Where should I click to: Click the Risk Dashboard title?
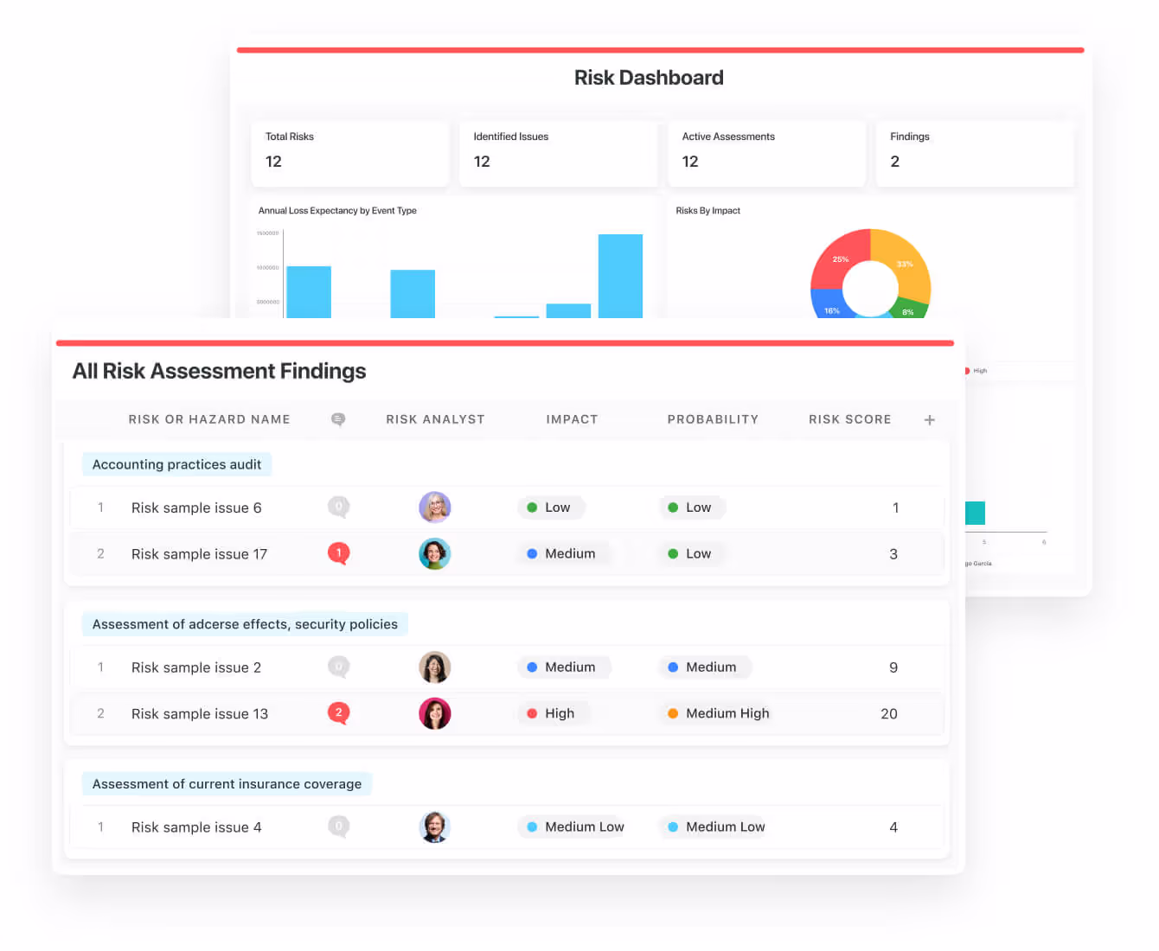point(649,78)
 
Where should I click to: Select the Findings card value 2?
point(894,162)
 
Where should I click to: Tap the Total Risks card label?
point(290,137)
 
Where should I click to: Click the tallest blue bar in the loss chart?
point(620,276)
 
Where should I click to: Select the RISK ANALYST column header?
point(435,419)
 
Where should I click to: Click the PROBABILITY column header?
point(713,419)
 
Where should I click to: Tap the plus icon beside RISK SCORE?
point(930,420)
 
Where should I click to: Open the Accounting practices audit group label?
point(176,464)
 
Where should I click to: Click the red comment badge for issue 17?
point(338,552)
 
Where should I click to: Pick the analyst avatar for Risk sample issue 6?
point(434,507)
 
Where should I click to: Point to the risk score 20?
point(888,713)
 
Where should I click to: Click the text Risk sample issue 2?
point(196,667)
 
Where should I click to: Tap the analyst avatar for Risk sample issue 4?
point(434,827)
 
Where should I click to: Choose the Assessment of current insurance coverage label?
point(227,784)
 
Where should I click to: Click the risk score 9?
point(893,667)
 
